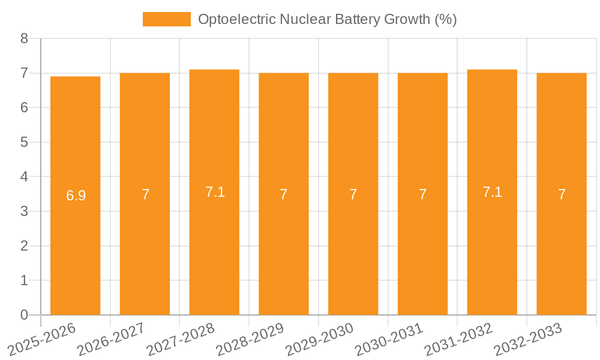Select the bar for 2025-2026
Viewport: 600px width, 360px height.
(75, 252)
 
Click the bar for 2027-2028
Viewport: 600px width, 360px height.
(214, 252)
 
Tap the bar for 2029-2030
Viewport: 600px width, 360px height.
(353, 252)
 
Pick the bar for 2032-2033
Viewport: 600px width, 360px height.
(562, 252)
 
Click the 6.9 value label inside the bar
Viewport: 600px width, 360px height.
(76, 196)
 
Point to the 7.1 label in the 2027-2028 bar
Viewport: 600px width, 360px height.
(215, 192)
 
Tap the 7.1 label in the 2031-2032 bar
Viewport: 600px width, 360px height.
(492, 192)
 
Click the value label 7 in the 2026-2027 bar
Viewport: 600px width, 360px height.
(145, 194)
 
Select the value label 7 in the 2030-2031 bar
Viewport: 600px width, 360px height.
(422, 194)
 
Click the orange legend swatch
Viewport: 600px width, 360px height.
(166, 19)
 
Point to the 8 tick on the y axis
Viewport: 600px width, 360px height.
(25, 39)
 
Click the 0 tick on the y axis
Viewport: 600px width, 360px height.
(25, 315)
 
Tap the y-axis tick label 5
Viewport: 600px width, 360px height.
(25, 143)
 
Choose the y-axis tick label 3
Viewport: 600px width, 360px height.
(25, 212)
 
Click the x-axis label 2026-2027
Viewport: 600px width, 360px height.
(111, 338)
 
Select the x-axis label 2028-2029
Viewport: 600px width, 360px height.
(250, 338)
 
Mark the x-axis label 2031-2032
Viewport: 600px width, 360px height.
(458, 338)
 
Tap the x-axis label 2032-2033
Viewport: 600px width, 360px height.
(527, 338)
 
